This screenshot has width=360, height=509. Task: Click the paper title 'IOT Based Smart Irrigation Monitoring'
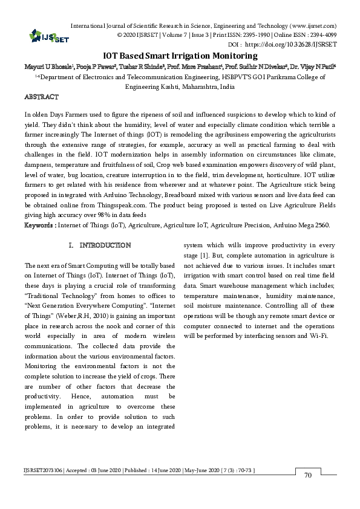pos(180,55)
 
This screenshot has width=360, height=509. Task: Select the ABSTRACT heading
pos(41,97)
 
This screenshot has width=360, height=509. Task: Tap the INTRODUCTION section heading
pos(104,245)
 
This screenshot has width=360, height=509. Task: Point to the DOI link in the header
pos(290,45)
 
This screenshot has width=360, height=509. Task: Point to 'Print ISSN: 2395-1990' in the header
pos(250,36)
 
